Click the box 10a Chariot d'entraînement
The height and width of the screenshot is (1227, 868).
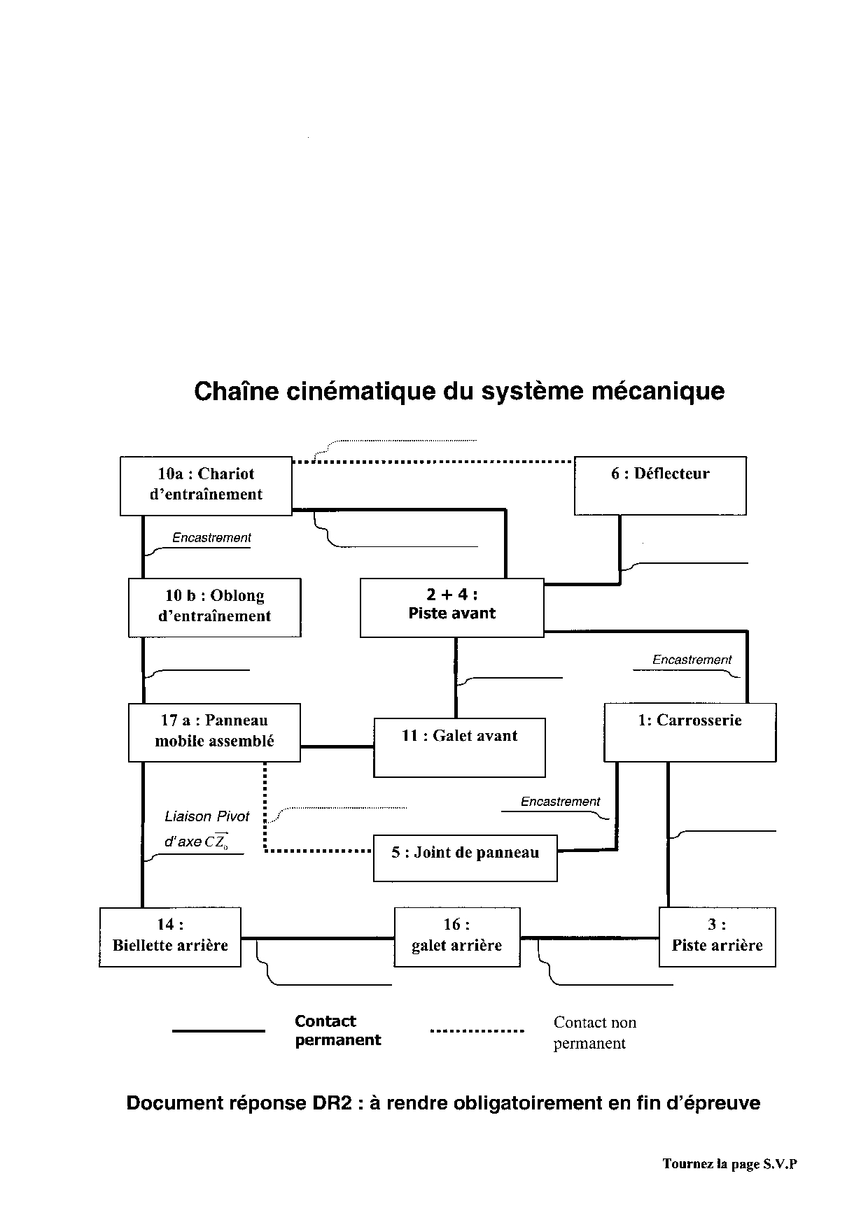[206, 485]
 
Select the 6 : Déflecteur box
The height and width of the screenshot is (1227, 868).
[660, 485]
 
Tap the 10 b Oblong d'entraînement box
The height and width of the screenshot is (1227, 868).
[214, 607]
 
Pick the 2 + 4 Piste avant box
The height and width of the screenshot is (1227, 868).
[451, 607]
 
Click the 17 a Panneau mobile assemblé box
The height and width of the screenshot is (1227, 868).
[214, 732]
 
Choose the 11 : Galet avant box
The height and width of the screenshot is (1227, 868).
[459, 747]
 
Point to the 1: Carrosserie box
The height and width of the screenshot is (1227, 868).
[689, 732]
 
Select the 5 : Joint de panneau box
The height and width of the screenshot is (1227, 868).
[465, 857]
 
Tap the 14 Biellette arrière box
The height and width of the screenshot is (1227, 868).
[170, 937]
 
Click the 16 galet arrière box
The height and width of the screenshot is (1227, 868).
[457, 937]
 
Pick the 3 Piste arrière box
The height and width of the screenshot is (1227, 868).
[717, 937]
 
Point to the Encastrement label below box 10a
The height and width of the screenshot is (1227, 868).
[211, 538]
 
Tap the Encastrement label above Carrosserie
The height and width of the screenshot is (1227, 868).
[692, 660]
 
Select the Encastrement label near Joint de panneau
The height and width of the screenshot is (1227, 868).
[560, 802]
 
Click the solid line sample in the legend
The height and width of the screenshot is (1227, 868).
[218, 1030]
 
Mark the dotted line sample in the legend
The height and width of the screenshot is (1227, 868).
[477, 1030]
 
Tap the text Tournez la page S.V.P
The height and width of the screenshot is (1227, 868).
[729, 1164]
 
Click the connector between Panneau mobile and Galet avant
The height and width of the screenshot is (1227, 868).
[337, 746]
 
